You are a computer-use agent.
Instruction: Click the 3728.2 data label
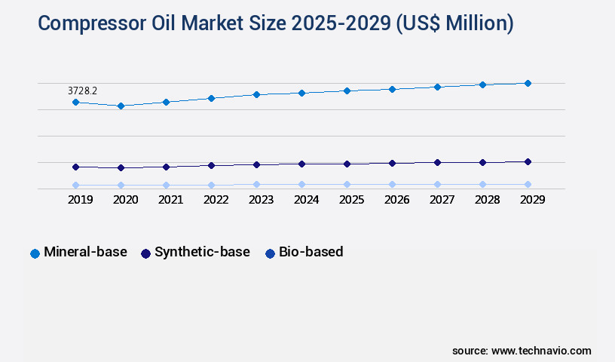(x=82, y=90)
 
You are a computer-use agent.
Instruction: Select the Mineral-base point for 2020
(x=121, y=106)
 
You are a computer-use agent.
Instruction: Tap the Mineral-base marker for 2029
(x=528, y=83)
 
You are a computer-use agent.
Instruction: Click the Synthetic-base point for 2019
(x=75, y=167)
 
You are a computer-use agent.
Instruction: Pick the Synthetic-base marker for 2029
(x=528, y=161)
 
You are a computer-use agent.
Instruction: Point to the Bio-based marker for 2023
(x=256, y=184)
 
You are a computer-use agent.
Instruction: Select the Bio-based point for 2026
(x=392, y=184)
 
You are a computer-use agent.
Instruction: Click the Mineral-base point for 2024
(x=301, y=93)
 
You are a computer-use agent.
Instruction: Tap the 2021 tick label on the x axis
(x=170, y=200)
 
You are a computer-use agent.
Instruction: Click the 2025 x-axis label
(x=351, y=200)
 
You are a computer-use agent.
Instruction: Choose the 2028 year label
(x=487, y=200)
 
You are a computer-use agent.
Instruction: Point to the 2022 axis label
(x=216, y=200)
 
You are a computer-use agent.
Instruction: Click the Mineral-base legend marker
(x=35, y=253)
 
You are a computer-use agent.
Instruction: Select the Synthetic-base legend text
(x=202, y=252)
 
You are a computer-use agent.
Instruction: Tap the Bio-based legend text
(x=311, y=252)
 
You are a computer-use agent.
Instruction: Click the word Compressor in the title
(x=89, y=23)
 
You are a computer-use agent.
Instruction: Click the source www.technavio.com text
(x=522, y=351)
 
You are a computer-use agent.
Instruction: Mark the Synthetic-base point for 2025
(x=347, y=164)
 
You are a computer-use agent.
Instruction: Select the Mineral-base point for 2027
(x=437, y=87)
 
